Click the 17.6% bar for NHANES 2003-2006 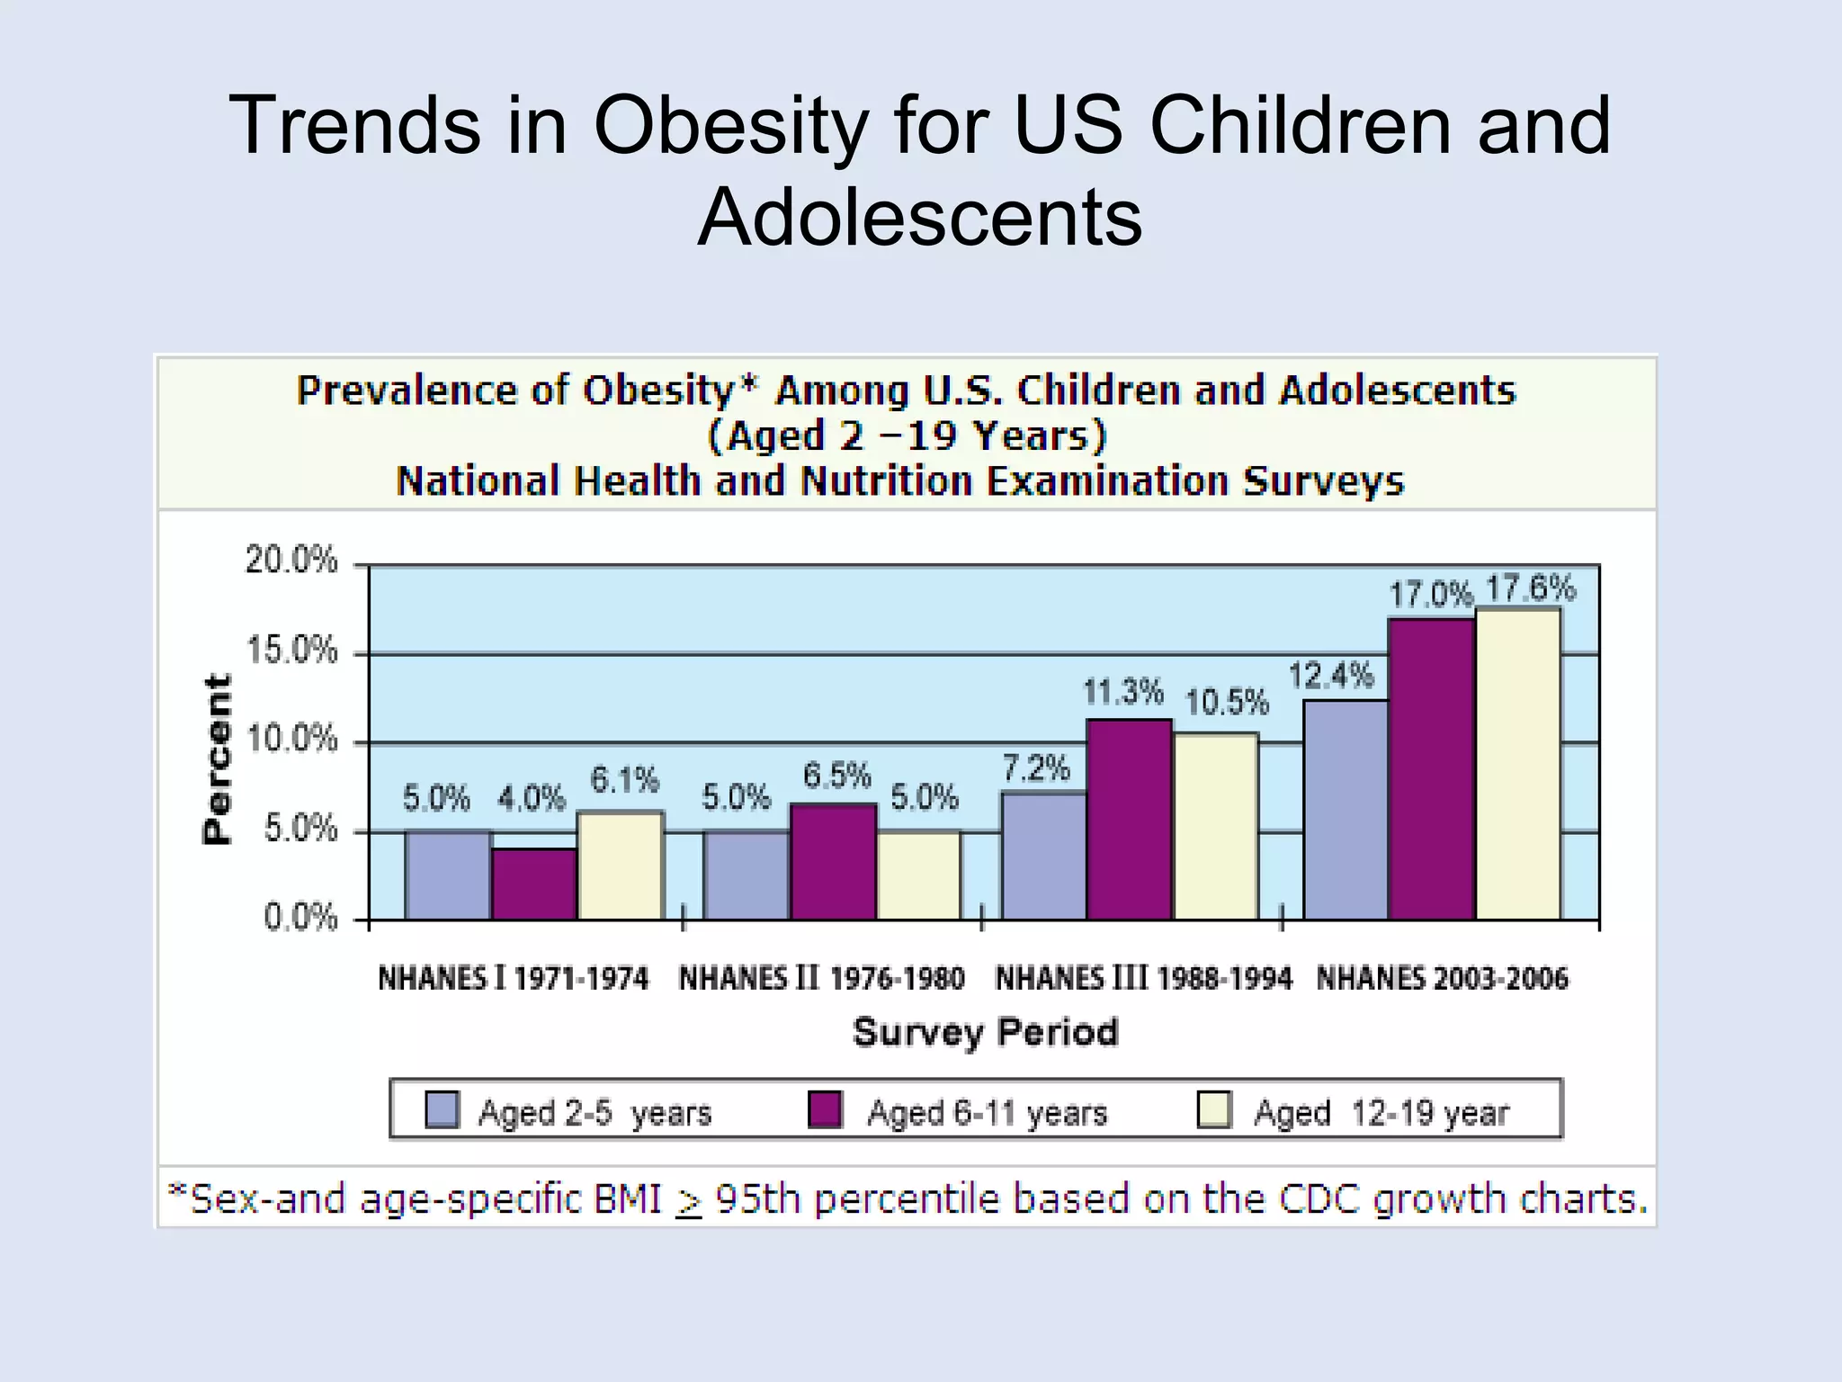[x=1518, y=765]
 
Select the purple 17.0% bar [x=1431, y=769]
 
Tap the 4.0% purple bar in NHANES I [x=534, y=884]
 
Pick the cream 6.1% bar [x=621, y=866]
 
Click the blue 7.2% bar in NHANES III [x=1043, y=857]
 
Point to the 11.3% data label [x=1122, y=693]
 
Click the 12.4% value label [x=1331, y=675]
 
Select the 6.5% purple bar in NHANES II [x=833, y=862]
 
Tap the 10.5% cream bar [x=1216, y=826]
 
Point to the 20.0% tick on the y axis [x=291, y=561]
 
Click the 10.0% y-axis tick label [x=291, y=740]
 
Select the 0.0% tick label [x=300, y=918]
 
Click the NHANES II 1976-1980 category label [x=821, y=978]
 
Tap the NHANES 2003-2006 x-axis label [x=1442, y=978]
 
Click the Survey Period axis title [x=985, y=1031]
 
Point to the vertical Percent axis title [x=217, y=758]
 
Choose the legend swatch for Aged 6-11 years [x=825, y=1109]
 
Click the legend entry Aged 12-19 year [x=1381, y=1113]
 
